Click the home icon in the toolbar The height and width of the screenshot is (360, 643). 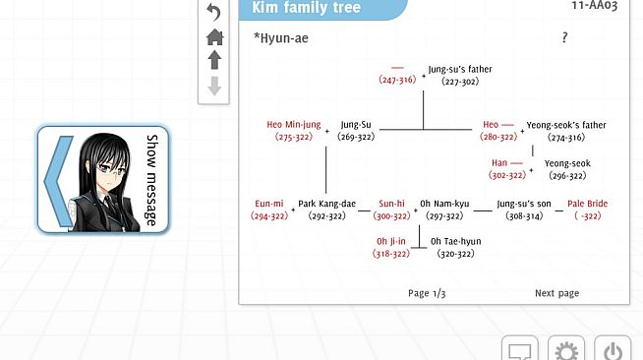click(214, 37)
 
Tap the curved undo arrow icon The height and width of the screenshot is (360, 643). click(213, 12)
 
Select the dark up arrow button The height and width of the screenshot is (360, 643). click(214, 60)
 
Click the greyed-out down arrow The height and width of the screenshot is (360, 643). click(214, 86)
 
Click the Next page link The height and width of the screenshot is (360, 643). click(556, 293)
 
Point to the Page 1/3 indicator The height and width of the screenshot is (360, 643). click(427, 293)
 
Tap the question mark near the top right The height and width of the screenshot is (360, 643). click(564, 37)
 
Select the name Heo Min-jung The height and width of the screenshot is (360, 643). click(294, 125)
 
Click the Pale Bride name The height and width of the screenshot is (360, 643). click(587, 204)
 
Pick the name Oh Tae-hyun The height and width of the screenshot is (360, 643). click(455, 242)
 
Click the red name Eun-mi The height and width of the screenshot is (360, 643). click(269, 204)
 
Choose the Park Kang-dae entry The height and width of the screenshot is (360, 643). click(326, 204)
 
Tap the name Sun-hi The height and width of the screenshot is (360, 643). click(391, 204)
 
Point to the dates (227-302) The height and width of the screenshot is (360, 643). click(460, 82)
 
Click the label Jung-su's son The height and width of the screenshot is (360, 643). click(524, 204)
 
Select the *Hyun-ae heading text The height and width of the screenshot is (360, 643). click(281, 38)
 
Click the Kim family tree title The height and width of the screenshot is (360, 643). click(307, 7)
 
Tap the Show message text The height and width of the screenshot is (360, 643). click(151, 180)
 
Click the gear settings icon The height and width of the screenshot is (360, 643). click(566, 351)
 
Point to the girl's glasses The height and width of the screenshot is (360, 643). click(110, 168)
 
